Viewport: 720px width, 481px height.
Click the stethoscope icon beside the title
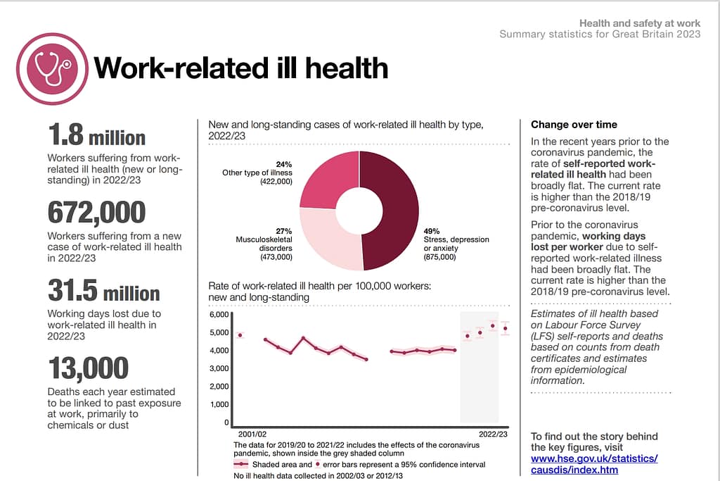click(53, 68)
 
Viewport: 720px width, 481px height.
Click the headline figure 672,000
click(96, 213)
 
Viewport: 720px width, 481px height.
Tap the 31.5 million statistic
click(103, 291)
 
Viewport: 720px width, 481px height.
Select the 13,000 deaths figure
click(88, 368)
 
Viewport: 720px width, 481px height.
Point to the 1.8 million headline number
click(96, 135)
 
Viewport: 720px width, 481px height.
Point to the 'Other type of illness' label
click(257, 173)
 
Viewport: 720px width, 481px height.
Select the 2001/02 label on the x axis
click(251, 435)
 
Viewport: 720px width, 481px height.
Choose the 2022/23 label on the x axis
click(492, 435)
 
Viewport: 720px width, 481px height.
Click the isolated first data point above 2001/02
click(240, 335)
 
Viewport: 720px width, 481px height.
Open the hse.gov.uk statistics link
click(594, 464)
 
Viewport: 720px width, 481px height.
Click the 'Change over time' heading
click(574, 125)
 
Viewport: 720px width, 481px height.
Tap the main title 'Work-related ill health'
click(240, 68)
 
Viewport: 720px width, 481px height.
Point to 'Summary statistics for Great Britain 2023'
click(599, 34)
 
